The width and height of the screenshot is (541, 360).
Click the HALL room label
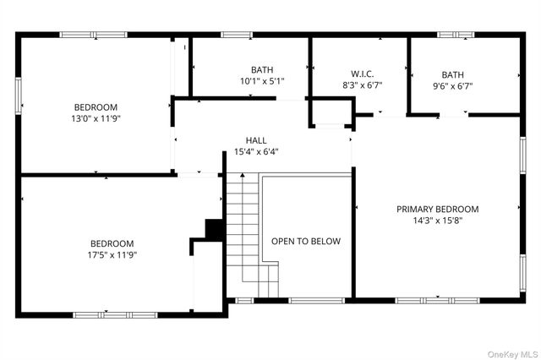(x=256, y=140)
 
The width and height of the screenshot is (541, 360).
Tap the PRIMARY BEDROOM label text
(x=438, y=209)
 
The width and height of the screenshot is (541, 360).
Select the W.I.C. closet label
(x=362, y=73)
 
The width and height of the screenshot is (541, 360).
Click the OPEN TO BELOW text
(x=306, y=241)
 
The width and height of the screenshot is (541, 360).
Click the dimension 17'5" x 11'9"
(x=113, y=254)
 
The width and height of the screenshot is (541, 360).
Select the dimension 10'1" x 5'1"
(x=262, y=81)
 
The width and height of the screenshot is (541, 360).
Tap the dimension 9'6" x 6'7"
(x=452, y=85)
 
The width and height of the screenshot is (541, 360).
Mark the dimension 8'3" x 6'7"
(x=362, y=85)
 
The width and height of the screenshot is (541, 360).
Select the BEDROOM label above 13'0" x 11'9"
(x=96, y=107)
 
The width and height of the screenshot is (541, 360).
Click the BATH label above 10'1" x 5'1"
(x=262, y=69)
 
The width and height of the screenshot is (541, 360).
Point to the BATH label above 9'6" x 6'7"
(x=452, y=74)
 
